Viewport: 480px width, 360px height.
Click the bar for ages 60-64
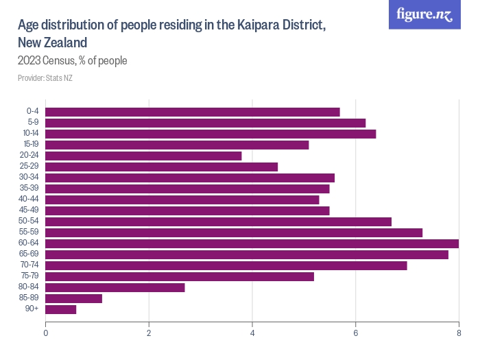[x=252, y=243]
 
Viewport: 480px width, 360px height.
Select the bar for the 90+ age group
[x=61, y=309]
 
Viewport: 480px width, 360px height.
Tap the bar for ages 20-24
[x=143, y=156]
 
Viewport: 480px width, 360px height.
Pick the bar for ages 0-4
[x=193, y=112]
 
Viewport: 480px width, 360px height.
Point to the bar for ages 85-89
[x=73, y=298]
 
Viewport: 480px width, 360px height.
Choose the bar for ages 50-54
[x=218, y=221]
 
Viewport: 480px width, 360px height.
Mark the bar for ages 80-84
[x=115, y=287]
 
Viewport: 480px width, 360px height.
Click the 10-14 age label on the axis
[x=31, y=134]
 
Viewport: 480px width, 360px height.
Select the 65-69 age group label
[x=30, y=254]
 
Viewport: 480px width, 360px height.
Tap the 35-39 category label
[x=30, y=189]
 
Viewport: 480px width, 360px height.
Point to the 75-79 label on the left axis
[x=30, y=276]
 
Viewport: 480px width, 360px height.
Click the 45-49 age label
[x=30, y=211]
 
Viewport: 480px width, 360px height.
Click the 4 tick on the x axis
[x=252, y=333]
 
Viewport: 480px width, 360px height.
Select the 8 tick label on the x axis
[x=458, y=333]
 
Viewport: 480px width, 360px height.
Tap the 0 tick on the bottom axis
[x=45, y=333]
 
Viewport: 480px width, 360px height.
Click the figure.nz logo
[x=424, y=14]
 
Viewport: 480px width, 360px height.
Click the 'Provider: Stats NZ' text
[x=45, y=78]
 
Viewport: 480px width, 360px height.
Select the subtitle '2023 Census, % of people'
[x=73, y=61]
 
